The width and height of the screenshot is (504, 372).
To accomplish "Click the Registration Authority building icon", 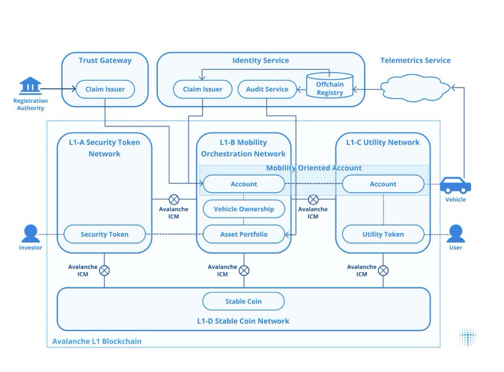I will tap(30, 86).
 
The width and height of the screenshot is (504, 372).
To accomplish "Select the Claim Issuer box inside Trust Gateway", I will tap(105, 89).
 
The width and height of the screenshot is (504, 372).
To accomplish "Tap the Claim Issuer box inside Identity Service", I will tap(202, 89).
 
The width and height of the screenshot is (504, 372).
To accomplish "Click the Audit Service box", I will tap(267, 89).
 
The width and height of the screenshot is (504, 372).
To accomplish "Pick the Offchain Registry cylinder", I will tap(330, 86).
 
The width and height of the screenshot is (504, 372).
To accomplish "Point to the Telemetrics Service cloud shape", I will tap(415, 87).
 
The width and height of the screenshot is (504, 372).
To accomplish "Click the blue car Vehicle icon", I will tap(456, 185).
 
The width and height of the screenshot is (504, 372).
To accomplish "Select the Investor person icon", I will tap(31, 233).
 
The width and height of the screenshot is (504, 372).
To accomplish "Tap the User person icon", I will tap(456, 233).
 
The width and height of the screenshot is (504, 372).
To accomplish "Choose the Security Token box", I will tap(105, 234).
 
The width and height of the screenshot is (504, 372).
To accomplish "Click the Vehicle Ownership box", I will tap(244, 209).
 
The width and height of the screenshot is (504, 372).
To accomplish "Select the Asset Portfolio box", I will tap(244, 234).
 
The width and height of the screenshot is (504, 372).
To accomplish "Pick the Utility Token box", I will tap(383, 234).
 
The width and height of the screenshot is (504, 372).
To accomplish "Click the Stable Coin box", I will tap(243, 301).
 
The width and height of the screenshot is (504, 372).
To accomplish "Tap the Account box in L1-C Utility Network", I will tap(383, 184).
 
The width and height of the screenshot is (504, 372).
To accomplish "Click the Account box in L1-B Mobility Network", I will tap(244, 184).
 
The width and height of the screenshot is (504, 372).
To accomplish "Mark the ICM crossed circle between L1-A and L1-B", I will tap(174, 199).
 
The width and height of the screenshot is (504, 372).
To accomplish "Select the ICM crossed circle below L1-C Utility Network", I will tap(383, 271).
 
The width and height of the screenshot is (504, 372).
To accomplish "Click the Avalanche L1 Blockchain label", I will tap(97, 341).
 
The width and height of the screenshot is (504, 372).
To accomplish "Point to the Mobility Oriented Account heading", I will tap(314, 168).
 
